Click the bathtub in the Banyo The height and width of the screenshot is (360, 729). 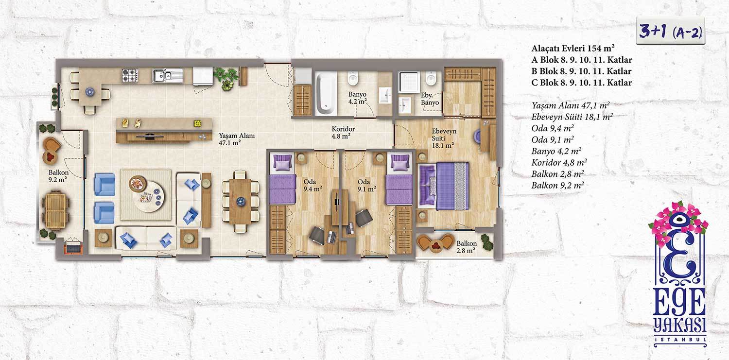point(326,94)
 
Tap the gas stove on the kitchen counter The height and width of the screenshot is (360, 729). point(130,75)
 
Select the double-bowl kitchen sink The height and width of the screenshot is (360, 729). point(168,75)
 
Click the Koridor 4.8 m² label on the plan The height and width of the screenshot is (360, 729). point(343,132)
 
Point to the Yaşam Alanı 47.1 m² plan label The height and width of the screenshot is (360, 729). point(237,139)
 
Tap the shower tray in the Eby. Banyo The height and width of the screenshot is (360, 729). point(409,82)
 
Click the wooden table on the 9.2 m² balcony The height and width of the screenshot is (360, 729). point(56,210)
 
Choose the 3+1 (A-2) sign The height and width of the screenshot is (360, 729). point(670,31)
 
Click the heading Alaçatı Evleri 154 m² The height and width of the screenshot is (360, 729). point(573,48)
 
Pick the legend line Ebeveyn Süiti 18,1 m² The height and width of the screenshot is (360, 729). point(572,117)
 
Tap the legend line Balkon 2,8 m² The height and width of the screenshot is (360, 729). point(557,174)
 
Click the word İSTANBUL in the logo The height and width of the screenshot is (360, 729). point(680,340)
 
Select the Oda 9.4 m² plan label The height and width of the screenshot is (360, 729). point(312,185)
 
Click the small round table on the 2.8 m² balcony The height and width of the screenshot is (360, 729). point(435,246)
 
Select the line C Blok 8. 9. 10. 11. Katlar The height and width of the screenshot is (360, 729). point(582,83)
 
